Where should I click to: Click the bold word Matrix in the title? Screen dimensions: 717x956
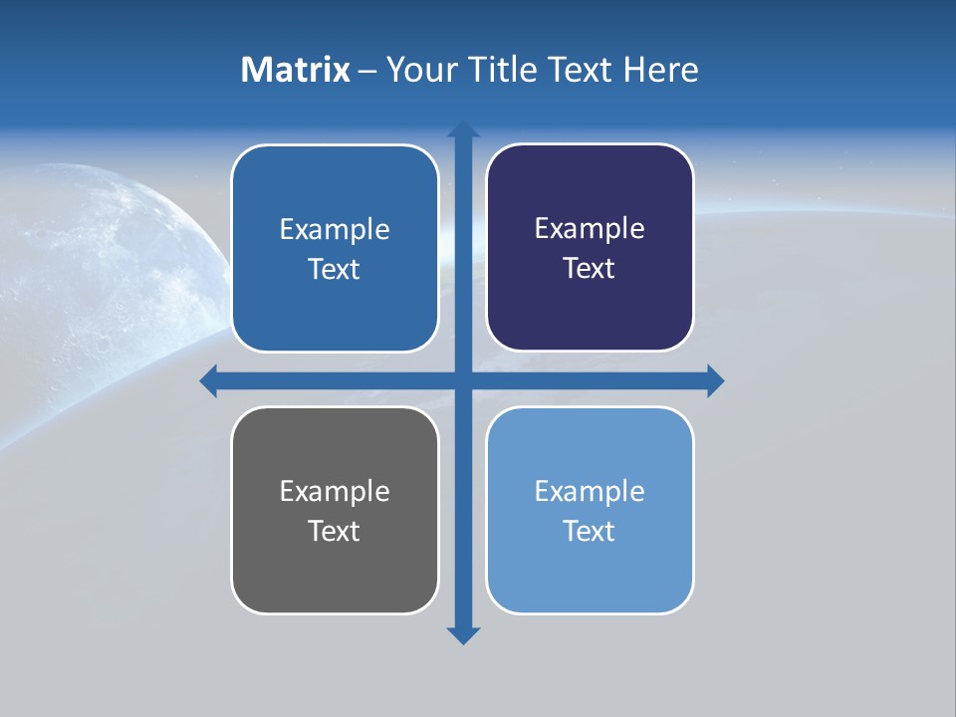pyautogui.click(x=295, y=70)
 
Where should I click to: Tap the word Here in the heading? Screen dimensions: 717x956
pyautogui.click(x=660, y=70)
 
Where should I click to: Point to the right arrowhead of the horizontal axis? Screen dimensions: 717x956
pyautogui.click(x=715, y=380)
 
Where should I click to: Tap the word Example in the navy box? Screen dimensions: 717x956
pyautogui.click(x=590, y=229)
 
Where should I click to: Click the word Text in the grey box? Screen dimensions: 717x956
pyautogui.click(x=334, y=531)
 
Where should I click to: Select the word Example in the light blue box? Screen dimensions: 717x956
pyautogui.click(x=590, y=491)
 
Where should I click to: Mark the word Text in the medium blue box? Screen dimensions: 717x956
pyautogui.click(x=334, y=270)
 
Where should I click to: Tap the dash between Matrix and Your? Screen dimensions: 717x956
pyautogui.click(x=367, y=71)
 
